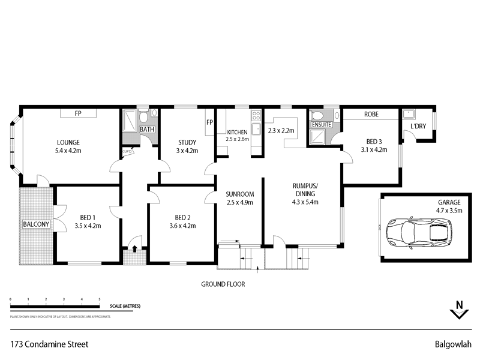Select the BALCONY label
coord(37,224)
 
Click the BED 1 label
coord(87,218)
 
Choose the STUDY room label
coord(187,142)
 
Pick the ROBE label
coord(370,113)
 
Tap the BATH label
coord(147,129)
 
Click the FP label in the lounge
coord(78,113)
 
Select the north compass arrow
coord(460,310)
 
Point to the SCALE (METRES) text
coord(125,306)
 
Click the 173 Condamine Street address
coord(50,344)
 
